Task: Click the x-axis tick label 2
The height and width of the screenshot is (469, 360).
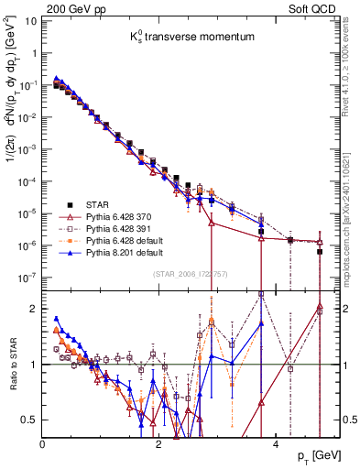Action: point(158,442)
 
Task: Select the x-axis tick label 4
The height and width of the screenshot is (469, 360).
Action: point(275,442)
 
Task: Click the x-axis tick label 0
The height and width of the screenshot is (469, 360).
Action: point(43,442)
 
